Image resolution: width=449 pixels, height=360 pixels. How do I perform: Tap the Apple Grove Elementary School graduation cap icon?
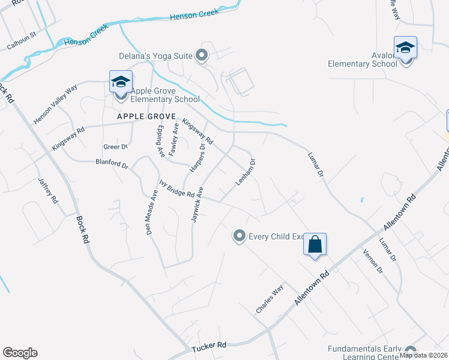(x=121, y=82)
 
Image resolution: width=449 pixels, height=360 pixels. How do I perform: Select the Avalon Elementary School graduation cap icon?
(x=405, y=47)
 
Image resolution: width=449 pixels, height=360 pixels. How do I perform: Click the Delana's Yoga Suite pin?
(x=202, y=56)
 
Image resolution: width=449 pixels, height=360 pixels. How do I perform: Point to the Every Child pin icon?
(x=240, y=236)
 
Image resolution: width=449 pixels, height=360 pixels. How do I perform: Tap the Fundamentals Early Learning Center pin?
(x=411, y=351)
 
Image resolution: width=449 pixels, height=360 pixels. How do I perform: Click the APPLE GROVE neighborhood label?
(x=146, y=116)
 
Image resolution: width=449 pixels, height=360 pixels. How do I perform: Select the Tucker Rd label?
(x=209, y=346)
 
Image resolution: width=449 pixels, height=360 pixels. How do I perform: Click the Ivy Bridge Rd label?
(x=177, y=190)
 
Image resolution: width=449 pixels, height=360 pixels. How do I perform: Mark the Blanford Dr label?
(x=112, y=163)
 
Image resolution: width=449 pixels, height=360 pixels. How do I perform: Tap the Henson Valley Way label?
(x=56, y=104)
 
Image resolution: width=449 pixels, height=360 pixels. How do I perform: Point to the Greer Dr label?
(x=116, y=146)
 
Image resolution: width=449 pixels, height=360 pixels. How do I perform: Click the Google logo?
(x=20, y=353)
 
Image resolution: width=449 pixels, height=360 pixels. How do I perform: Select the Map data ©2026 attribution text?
(x=423, y=355)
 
